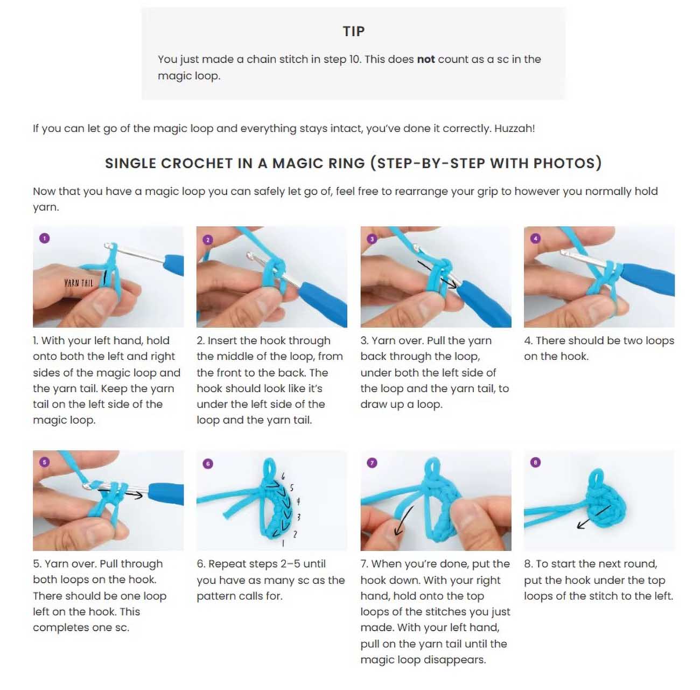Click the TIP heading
[x=353, y=31]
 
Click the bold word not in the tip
[x=425, y=59]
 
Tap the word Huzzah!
[x=514, y=128]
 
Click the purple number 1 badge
[x=44, y=239]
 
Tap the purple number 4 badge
[x=535, y=239]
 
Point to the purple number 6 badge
[x=208, y=464]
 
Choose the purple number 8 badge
[x=535, y=462]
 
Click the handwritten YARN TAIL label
[x=79, y=283]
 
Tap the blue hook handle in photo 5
[x=166, y=494]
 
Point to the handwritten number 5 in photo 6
[x=291, y=487]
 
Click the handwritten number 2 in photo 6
[x=295, y=534]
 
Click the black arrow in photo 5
[x=121, y=493]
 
